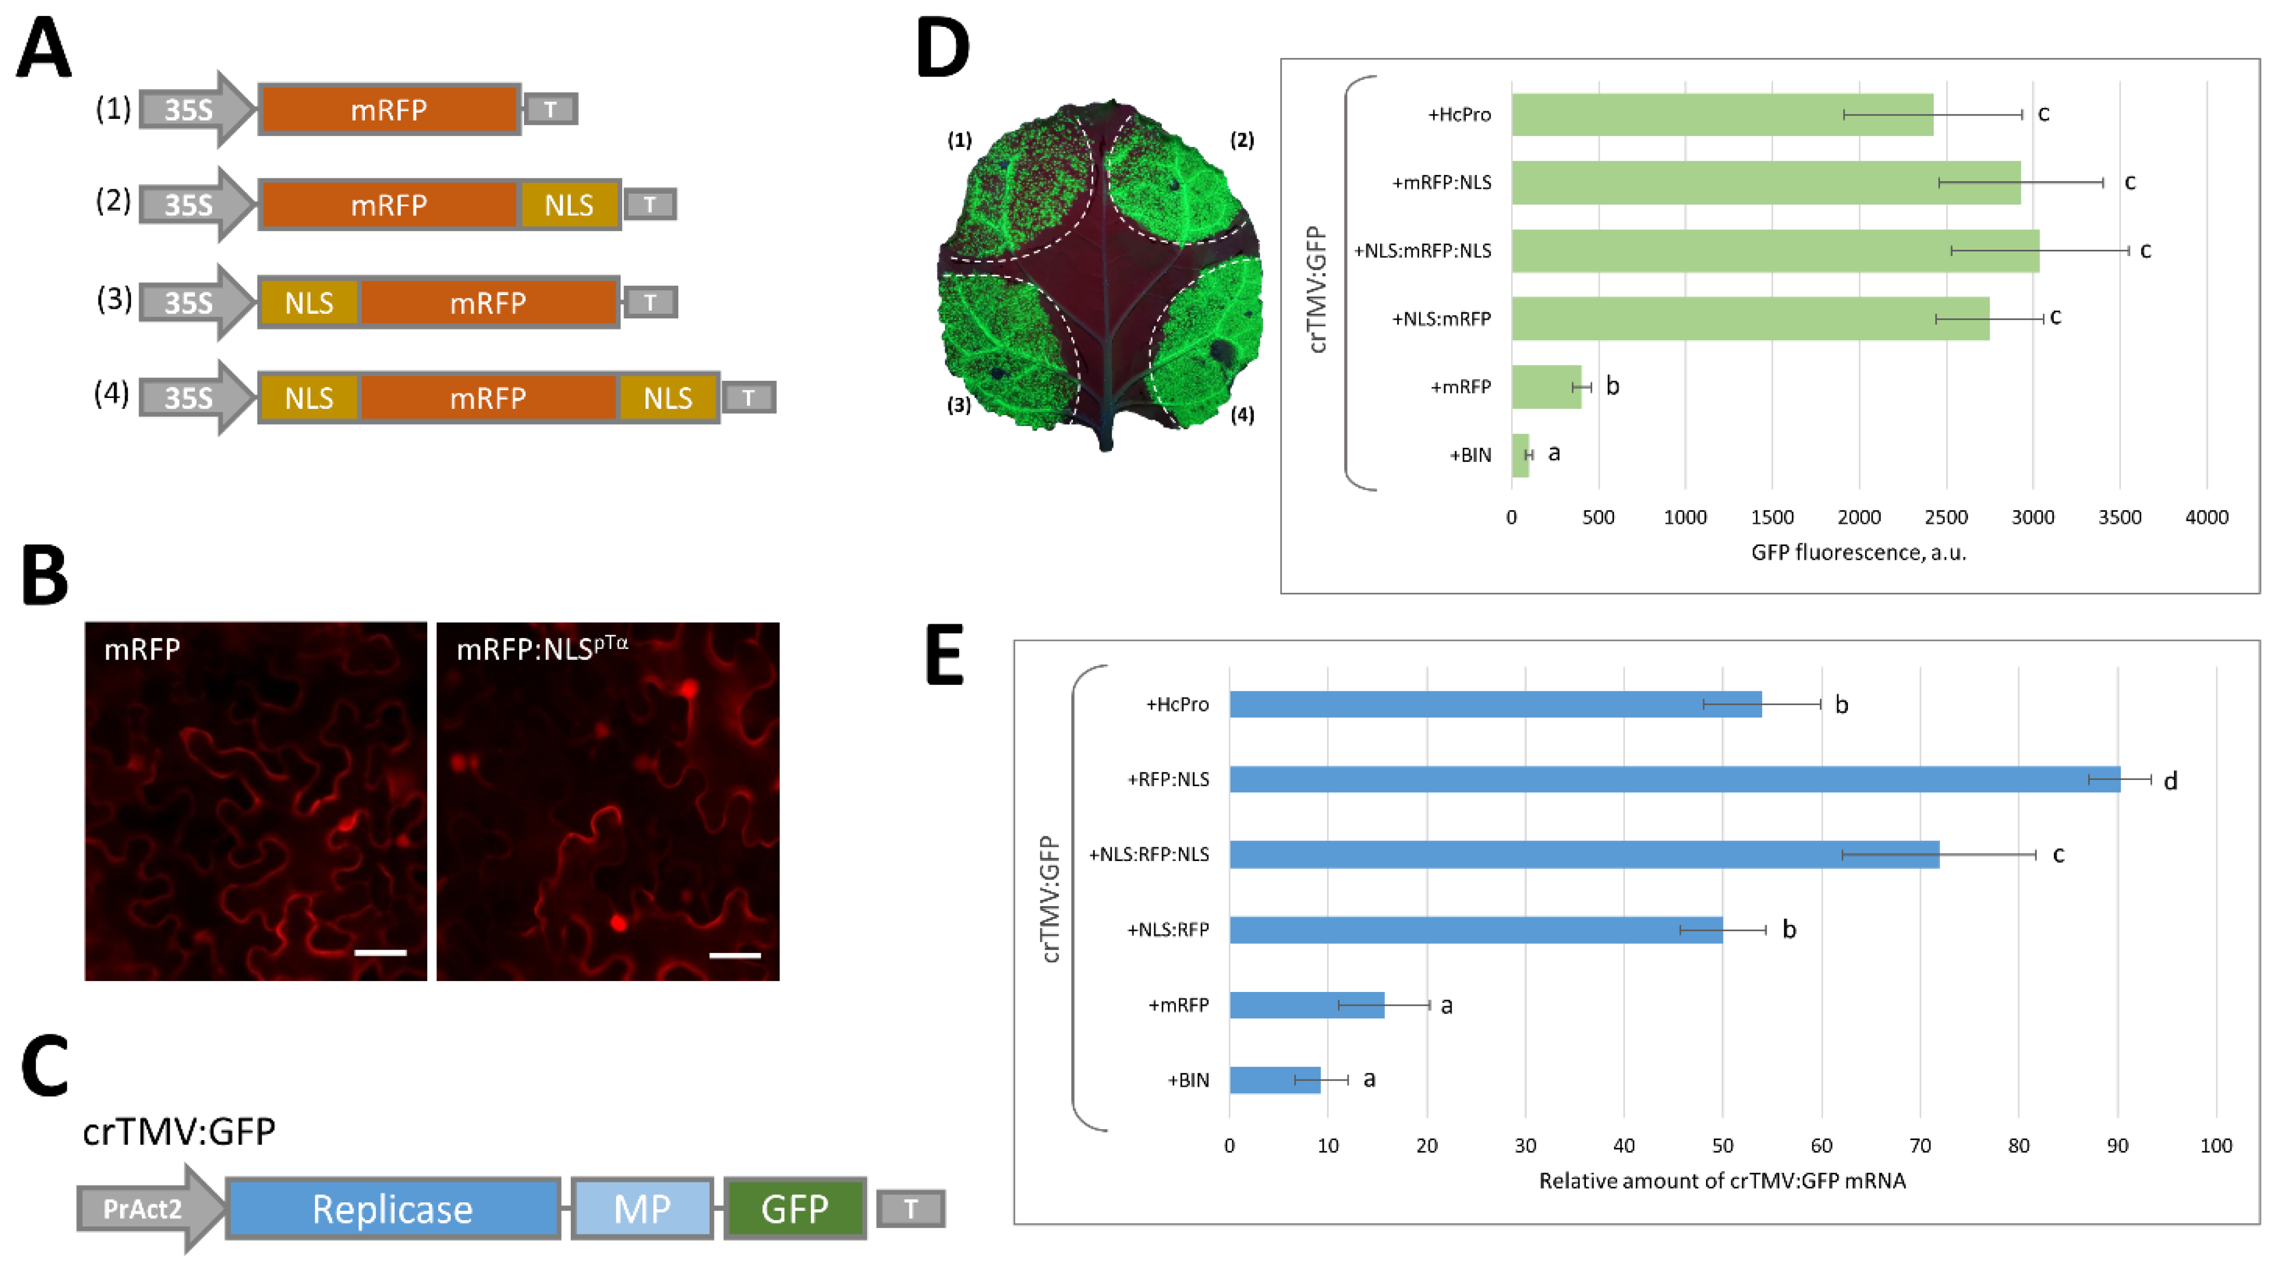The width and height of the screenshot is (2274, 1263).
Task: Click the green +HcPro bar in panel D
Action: (x=1722, y=115)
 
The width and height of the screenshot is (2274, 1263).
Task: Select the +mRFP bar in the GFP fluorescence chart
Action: (x=1546, y=387)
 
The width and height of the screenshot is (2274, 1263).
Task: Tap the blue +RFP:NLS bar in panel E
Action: (x=1673, y=779)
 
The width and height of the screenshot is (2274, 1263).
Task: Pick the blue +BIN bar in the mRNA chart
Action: (x=1275, y=1079)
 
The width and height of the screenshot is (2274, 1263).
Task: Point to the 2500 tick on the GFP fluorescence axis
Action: (x=1946, y=517)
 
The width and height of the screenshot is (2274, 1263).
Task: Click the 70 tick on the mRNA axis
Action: (x=1920, y=1146)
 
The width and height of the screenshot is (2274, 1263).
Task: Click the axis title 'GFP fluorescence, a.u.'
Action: (x=1858, y=552)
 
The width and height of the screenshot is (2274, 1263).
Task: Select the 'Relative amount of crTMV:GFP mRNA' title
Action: (x=1722, y=1181)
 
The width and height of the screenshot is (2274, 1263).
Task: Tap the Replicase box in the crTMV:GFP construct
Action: (x=393, y=1208)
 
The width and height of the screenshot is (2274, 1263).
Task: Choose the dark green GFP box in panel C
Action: (x=794, y=1208)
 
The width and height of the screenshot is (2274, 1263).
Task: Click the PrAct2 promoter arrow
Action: (x=146, y=1208)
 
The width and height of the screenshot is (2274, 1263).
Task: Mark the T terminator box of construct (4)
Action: (x=749, y=397)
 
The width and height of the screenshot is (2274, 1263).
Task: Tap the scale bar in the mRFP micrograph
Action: (x=380, y=953)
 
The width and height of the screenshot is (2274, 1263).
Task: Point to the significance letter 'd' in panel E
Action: (x=2170, y=780)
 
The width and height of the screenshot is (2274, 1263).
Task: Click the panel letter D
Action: (x=943, y=49)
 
